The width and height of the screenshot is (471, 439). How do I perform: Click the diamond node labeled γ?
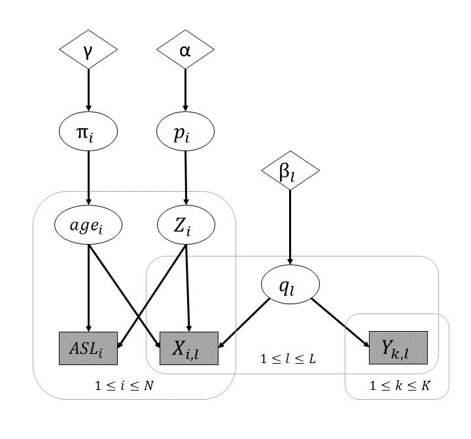(88, 49)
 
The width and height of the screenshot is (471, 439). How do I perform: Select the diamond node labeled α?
(186, 49)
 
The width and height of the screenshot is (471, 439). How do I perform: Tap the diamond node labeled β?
(290, 173)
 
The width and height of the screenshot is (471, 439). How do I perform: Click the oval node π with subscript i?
(88, 132)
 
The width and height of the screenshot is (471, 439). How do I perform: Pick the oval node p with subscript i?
(186, 132)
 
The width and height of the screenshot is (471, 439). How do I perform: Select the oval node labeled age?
(88, 226)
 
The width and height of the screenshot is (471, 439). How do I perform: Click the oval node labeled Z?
(186, 226)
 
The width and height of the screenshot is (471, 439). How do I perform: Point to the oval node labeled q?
(290, 286)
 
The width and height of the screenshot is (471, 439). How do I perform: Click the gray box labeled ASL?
(88, 348)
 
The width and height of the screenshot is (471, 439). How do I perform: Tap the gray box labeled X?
(189, 348)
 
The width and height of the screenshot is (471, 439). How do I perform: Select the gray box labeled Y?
(398, 348)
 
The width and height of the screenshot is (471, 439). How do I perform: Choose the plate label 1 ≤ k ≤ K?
(399, 385)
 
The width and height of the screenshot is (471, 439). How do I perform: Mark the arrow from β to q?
(290, 229)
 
